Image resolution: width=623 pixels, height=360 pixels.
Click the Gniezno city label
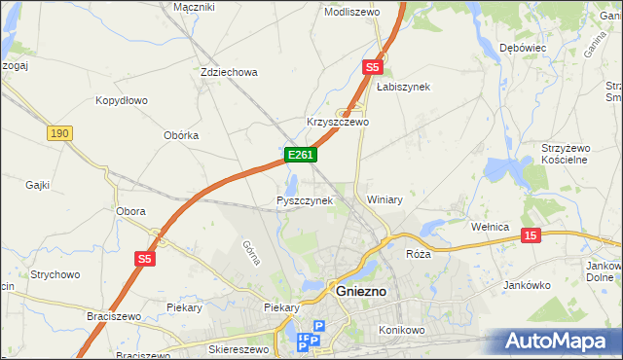(x=362, y=291)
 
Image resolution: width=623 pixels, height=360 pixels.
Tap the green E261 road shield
(x=299, y=155)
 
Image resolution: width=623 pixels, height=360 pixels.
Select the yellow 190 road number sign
(x=59, y=132)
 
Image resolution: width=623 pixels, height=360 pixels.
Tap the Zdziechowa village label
(x=228, y=72)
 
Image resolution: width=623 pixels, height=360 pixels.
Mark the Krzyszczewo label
(x=338, y=123)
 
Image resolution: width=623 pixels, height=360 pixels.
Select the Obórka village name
(x=177, y=135)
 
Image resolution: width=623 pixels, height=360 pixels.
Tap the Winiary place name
(x=385, y=199)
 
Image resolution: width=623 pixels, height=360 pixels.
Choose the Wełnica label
(x=490, y=227)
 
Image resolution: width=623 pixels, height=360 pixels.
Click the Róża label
(x=418, y=253)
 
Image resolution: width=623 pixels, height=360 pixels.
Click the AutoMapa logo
(x=559, y=342)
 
